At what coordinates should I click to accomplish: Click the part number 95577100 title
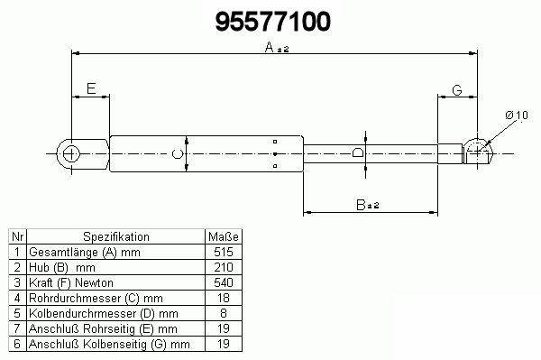click(x=272, y=22)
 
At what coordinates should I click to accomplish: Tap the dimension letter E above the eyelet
click(x=91, y=88)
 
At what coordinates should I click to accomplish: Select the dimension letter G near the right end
click(x=457, y=90)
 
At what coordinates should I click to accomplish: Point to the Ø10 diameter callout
click(x=517, y=115)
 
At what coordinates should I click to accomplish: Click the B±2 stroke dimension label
click(x=368, y=205)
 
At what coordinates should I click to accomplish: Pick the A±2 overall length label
click(x=277, y=47)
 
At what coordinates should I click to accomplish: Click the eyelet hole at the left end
click(x=71, y=153)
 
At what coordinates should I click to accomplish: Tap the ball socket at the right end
click(x=478, y=152)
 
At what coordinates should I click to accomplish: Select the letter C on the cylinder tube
click(x=178, y=153)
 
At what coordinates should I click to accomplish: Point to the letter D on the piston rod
click(x=358, y=152)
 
